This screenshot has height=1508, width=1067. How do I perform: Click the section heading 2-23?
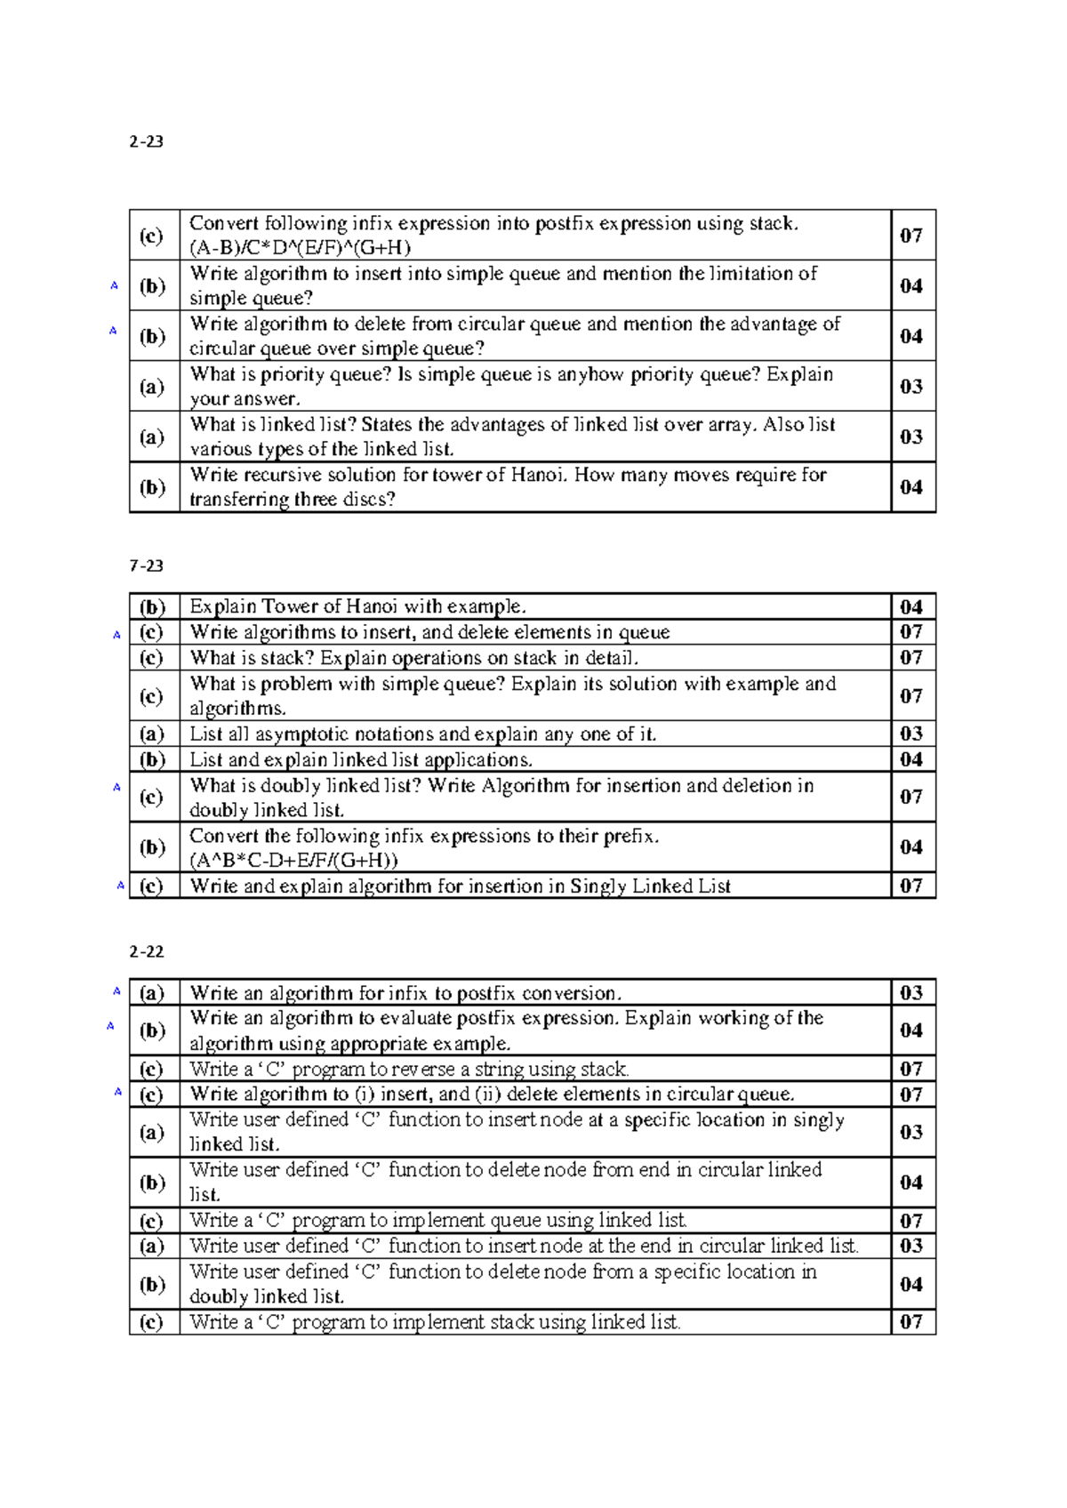146,141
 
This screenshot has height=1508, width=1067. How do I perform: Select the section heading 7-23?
146,565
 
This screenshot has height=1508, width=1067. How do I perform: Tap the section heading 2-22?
146,951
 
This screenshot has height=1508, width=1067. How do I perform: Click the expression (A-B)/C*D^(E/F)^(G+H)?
301,248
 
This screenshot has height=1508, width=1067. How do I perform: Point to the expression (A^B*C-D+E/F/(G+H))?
293,861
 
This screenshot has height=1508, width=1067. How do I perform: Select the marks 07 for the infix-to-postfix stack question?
911,236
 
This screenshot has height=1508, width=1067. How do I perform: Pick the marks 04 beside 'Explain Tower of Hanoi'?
911,607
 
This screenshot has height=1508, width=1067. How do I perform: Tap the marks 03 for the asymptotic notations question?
911,734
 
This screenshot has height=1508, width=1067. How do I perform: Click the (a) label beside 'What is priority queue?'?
152,387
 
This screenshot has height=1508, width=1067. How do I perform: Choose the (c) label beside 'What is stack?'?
152,658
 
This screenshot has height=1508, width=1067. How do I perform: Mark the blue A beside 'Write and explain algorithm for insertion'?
121,886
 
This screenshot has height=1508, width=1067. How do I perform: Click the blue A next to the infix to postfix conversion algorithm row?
116,991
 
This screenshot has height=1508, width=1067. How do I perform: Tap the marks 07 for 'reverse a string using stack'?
911,1069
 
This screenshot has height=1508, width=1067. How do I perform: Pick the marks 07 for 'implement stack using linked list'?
911,1322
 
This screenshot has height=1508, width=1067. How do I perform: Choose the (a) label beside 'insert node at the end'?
152,1246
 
